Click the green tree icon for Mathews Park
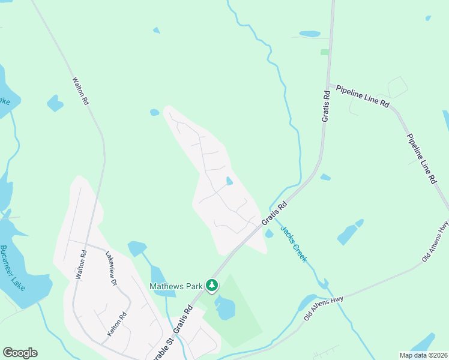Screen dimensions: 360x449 pos(211,286)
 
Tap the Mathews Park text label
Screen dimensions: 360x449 pos(176,287)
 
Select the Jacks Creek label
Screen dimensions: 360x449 pos(294,244)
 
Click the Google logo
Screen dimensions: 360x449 pos(20,353)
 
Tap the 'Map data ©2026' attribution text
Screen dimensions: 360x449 pos(423,355)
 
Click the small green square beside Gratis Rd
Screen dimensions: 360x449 pos(325,52)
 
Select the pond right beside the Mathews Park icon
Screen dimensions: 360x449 pos(225,308)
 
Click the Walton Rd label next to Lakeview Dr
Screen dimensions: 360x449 pos(80,265)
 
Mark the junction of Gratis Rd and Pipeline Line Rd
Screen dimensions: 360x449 pos(328,85)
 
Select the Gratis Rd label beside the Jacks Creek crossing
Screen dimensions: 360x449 pos(274,214)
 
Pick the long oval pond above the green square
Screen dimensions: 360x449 pos(310,34)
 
